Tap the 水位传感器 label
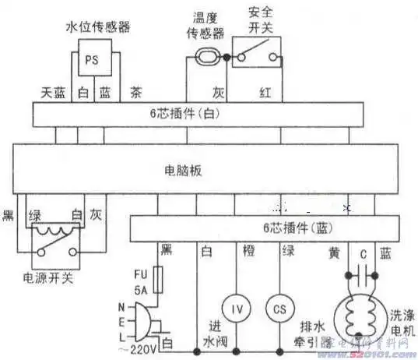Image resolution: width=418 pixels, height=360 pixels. (94, 27)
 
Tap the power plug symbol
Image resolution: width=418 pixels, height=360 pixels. (144, 320)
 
